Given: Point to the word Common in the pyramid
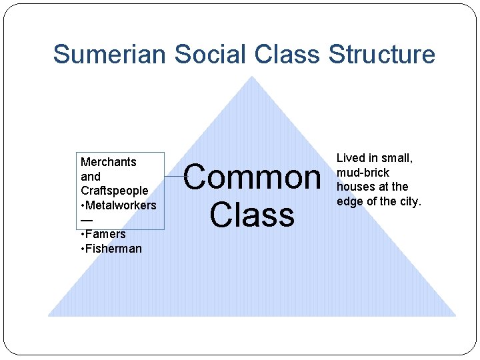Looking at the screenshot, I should pos(252,178).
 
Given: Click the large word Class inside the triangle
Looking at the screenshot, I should pos(252,215).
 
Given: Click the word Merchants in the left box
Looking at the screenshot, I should pos(108,162).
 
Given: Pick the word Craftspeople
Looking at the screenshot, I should pos(114,191).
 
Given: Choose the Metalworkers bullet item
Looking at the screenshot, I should pos(117,205).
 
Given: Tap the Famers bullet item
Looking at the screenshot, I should pos(103,234).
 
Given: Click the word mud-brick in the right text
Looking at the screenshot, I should pos(363,173).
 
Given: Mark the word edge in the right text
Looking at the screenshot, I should pos(349,201).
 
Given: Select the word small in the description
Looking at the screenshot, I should pos(397,158).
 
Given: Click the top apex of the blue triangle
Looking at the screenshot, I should pos(251,77).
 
